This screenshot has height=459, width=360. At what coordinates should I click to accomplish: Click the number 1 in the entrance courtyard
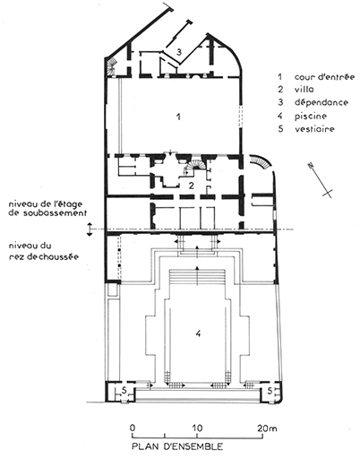pos(178,117)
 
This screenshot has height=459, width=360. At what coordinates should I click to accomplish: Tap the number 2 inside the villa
pos(191,186)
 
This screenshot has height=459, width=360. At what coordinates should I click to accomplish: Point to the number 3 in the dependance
pos(179,52)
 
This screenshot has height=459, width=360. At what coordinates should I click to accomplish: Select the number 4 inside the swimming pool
pos(198,333)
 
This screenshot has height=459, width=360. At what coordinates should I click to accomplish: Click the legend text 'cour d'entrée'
pos(324,77)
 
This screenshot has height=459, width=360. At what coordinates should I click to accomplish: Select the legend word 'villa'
pos(304,90)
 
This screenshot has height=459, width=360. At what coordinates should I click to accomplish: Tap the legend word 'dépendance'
pos(321,102)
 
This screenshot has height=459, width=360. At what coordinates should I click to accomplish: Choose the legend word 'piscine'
pos(311,116)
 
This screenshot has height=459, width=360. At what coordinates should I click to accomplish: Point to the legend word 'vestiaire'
pos(314,129)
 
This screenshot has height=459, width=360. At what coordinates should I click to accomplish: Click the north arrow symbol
pos(321,180)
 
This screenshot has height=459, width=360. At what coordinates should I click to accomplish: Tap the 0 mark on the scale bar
pos(133,428)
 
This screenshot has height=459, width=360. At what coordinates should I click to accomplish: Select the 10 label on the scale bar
pos(196,428)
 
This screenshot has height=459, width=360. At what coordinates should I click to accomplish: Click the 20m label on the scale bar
pos(268,429)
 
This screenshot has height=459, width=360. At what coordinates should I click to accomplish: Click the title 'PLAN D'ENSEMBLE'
pos(177,446)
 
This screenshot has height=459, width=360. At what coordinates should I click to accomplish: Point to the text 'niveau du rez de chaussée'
pos(44,251)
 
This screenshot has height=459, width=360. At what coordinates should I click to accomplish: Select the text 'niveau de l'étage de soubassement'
pos(47,209)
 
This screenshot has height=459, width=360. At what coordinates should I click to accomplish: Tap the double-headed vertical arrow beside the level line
pos(90,229)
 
